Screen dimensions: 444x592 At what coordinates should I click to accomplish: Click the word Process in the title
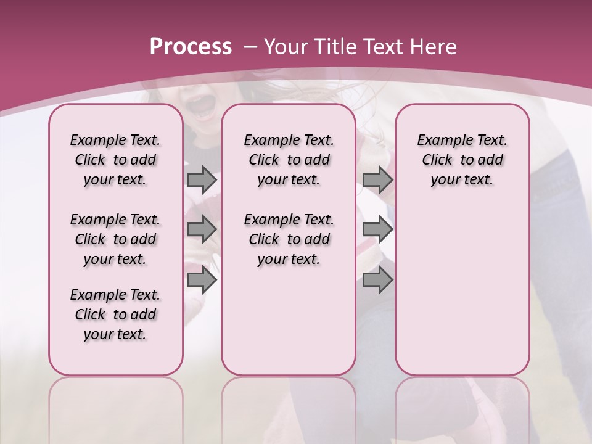pos(191,47)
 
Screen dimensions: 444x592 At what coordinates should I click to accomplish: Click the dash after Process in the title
pos(250,47)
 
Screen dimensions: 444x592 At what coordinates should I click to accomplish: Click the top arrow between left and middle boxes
pos(202,179)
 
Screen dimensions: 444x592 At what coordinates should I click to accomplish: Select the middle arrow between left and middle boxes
pos(202,229)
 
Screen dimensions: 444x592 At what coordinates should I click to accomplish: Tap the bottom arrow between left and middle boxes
pos(202,280)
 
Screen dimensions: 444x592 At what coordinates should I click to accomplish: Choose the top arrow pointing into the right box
pos(377,179)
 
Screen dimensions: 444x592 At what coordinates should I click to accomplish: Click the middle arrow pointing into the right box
pos(377,229)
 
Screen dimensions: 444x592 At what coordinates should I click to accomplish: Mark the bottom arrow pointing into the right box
pos(377,280)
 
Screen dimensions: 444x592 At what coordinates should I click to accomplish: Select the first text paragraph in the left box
pos(115,160)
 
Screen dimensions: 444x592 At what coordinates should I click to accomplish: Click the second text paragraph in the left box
pos(115,239)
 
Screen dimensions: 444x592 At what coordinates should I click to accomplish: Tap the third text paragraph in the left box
pos(115,314)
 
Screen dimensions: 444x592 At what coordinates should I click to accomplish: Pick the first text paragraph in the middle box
pos(289,160)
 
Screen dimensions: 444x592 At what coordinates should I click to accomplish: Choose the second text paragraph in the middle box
pos(289,239)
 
